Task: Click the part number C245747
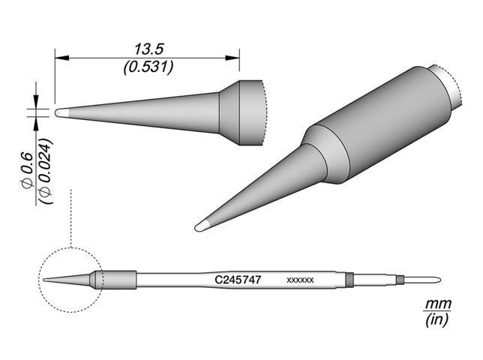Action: coord(238,279)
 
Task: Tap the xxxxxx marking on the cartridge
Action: coord(300,280)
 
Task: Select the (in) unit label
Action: coord(435,321)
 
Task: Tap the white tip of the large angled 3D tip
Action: coord(201,225)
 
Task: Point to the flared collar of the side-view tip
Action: coord(240,112)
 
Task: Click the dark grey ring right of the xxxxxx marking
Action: coord(349,280)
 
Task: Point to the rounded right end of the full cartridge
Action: coord(436,280)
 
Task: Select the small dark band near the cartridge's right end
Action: coord(400,280)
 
